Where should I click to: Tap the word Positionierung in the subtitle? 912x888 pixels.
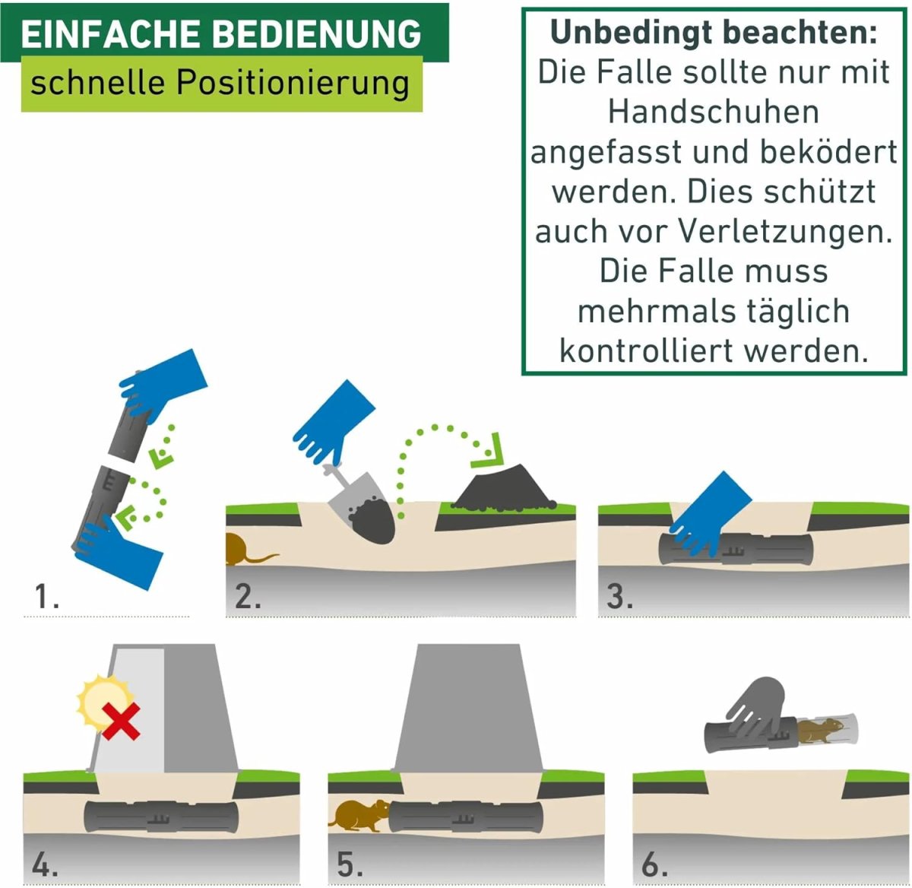(293, 84)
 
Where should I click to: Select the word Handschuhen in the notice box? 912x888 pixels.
(714, 112)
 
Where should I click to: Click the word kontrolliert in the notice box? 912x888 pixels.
(646, 351)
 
